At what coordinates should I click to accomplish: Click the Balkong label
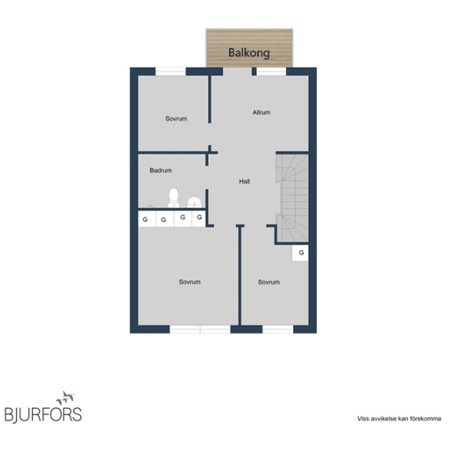click(x=249, y=53)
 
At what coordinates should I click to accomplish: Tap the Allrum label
click(x=261, y=112)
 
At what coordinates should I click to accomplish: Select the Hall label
click(x=245, y=181)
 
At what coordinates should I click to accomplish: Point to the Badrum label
click(x=161, y=170)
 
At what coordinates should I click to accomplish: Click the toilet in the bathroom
click(x=174, y=197)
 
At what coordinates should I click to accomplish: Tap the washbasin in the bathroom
click(x=195, y=202)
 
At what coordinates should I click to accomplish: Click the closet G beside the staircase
click(x=300, y=253)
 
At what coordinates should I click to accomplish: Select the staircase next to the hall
click(x=292, y=198)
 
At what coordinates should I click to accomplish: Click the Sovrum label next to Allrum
click(x=176, y=119)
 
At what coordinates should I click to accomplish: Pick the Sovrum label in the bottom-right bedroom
click(x=269, y=282)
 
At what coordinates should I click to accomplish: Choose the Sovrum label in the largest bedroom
click(x=189, y=282)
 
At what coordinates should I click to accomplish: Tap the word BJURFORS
click(x=43, y=415)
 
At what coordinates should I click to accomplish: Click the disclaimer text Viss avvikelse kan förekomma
click(x=399, y=419)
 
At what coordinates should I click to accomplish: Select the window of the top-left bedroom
click(x=171, y=72)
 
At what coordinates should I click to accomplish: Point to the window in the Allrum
click(x=271, y=72)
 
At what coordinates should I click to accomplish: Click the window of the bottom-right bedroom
click(x=278, y=329)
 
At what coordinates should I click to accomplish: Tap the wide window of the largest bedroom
click(x=200, y=329)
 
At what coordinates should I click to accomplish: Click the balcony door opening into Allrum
click(x=237, y=72)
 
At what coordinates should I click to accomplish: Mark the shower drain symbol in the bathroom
click(x=150, y=204)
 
